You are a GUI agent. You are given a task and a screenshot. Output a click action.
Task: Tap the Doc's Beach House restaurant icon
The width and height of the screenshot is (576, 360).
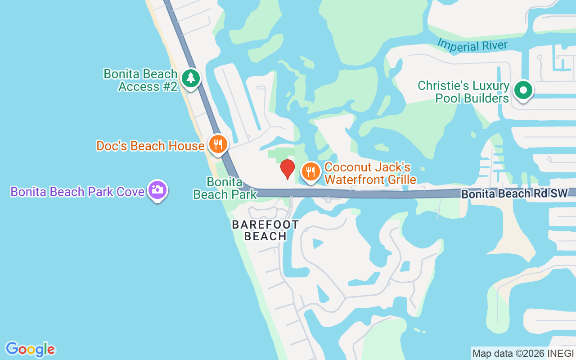coord(218,144)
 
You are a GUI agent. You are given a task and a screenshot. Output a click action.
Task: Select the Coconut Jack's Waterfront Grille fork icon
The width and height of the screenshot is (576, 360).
coord(310,171)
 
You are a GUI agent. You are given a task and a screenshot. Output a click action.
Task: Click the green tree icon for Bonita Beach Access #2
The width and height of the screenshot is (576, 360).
coord(191,78)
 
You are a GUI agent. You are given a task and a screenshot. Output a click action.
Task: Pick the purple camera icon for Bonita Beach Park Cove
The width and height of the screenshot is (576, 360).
coord(157,190)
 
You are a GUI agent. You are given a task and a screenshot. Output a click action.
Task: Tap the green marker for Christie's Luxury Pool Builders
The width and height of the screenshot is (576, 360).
coord(523,90)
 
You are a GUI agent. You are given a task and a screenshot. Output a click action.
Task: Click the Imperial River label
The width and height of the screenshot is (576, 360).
coord(472,45)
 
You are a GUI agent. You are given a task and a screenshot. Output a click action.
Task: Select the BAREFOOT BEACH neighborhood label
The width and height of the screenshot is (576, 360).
coord(265,230)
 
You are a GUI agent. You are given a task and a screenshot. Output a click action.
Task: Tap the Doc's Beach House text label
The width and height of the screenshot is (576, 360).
coord(150,146)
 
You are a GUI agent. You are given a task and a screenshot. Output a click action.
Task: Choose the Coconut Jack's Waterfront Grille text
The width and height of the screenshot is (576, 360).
coord(370,173)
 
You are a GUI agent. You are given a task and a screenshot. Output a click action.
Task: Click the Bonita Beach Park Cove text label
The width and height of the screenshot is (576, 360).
coord(77,192)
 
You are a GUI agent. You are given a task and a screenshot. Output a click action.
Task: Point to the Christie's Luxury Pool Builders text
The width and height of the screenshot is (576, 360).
coord(463,92)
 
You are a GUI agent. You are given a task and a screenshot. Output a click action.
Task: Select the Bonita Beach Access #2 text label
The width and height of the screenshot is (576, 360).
coord(140,80)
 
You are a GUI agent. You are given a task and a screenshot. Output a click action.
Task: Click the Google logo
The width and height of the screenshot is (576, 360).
coord(31,349)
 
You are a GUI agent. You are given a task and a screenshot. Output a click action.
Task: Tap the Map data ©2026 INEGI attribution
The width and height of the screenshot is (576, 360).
coord(523,353)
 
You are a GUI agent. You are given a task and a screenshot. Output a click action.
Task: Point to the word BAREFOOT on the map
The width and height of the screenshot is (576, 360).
coord(265,225)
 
